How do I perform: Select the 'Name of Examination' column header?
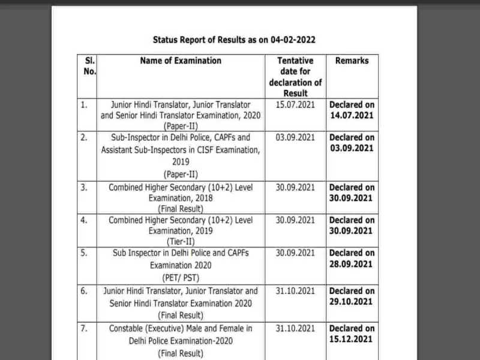click(181, 61)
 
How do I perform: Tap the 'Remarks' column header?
click(352, 61)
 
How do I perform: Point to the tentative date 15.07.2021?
click(296, 104)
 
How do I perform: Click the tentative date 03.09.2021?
click(296, 137)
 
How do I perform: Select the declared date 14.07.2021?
click(352, 115)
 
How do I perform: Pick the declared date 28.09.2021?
click(352, 264)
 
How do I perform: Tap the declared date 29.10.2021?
click(352, 302)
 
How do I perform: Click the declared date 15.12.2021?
click(352, 340)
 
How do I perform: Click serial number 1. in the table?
click(84, 104)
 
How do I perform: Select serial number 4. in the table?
click(84, 220)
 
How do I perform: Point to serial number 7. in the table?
click(84, 329)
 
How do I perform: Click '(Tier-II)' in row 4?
click(181, 242)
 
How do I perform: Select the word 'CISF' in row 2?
click(197, 150)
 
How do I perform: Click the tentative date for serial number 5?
click(296, 253)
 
